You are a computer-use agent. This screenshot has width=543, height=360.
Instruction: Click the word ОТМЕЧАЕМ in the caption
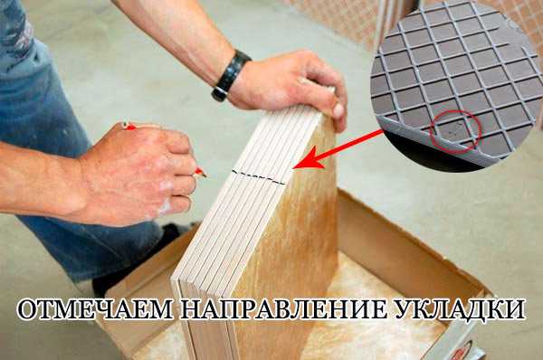[x=95, y=309]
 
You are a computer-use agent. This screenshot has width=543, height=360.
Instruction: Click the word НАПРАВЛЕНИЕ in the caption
[x=283, y=309]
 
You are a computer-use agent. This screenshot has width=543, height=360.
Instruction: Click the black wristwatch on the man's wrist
[x=230, y=75]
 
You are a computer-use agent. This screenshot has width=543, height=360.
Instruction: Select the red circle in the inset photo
[x=455, y=132]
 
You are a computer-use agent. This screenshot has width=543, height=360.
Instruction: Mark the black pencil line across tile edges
[x=258, y=177]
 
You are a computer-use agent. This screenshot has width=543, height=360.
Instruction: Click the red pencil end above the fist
[x=129, y=126]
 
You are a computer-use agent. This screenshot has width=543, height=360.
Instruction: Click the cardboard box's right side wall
[x=409, y=250]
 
